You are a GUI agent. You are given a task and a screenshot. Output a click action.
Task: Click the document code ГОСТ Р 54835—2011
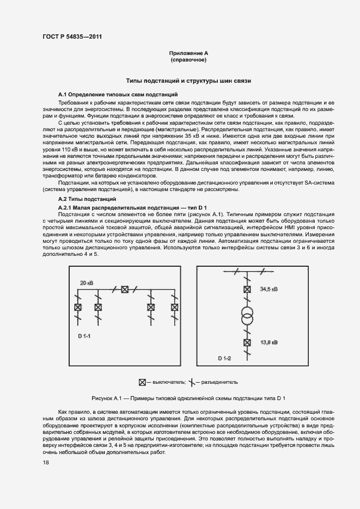click(x=72, y=37)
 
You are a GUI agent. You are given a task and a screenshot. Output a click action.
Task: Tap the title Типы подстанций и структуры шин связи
click(x=188, y=81)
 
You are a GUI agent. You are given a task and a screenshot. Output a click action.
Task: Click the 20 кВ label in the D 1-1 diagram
click(x=86, y=283)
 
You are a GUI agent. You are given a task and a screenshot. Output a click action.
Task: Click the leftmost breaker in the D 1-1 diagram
click(x=77, y=307)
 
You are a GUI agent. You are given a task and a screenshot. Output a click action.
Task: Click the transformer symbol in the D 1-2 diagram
click(x=247, y=316)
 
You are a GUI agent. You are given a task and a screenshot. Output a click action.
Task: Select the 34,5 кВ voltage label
click(x=269, y=289)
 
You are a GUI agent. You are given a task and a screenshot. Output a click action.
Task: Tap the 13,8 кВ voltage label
click(x=269, y=342)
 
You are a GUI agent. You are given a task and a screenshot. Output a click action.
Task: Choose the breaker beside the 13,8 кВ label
click(x=247, y=342)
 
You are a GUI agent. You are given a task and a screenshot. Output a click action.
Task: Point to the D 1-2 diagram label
click(x=224, y=358)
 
